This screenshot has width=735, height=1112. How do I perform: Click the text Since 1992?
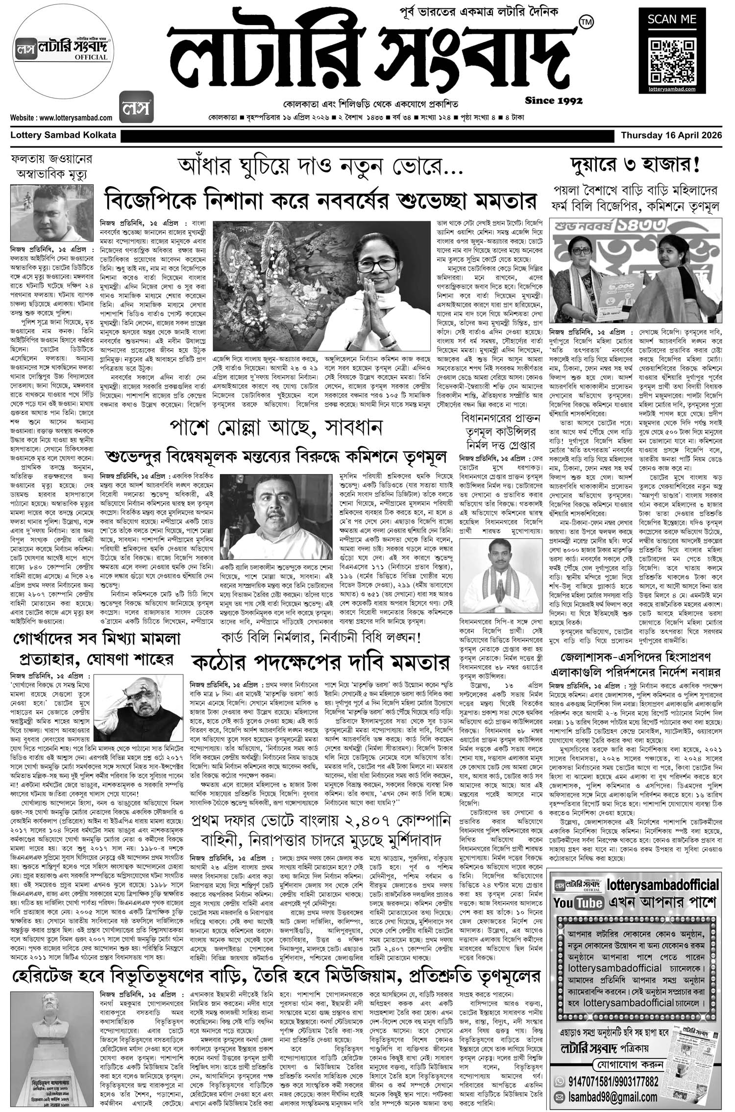[x=553, y=101]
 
